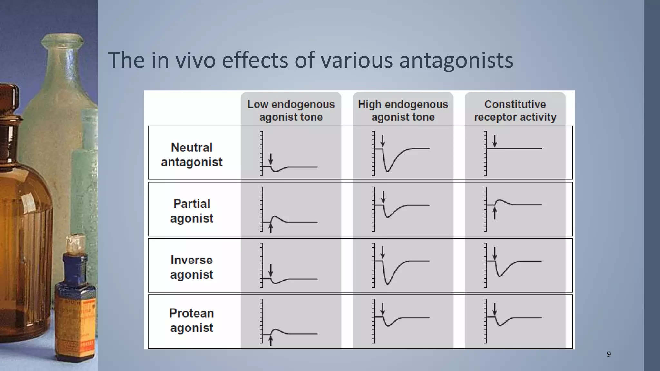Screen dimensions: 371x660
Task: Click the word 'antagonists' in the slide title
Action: [x=456, y=60]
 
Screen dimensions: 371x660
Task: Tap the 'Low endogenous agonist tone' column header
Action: [x=291, y=110]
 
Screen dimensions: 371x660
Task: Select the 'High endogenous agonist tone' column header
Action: [x=403, y=110]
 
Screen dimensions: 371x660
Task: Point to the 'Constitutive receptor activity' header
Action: [x=515, y=110]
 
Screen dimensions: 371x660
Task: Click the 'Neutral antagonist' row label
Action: [x=191, y=155]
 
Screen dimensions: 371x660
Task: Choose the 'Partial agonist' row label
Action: [x=191, y=211]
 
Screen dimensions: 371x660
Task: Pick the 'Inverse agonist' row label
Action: [x=191, y=267]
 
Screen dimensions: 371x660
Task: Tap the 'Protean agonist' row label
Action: [x=191, y=320]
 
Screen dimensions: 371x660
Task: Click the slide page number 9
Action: [x=609, y=354]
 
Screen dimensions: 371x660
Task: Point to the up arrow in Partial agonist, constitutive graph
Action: [x=495, y=213]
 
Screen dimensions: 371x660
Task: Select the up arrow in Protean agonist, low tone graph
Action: [x=271, y=341]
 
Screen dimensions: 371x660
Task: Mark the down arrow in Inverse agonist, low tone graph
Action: [x=271, y=270]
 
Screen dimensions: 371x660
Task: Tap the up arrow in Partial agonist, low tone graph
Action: [x=271, y=228]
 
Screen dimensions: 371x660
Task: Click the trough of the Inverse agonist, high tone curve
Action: [x=388, y=283]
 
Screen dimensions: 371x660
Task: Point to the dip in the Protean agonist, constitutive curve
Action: [x=500, y=325]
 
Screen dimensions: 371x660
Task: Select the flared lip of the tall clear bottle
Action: [x=63, y=40]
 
